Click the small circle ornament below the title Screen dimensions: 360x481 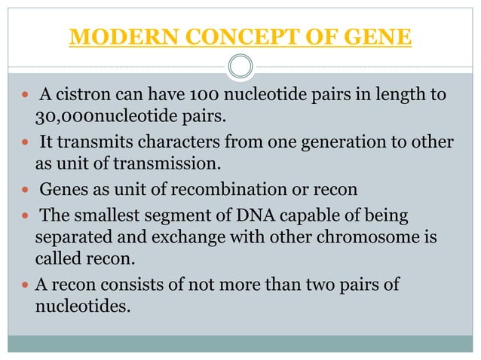pyautogui.click(x=240, y=67)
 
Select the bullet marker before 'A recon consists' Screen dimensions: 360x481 pyautogui.click(x=24, y=287)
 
